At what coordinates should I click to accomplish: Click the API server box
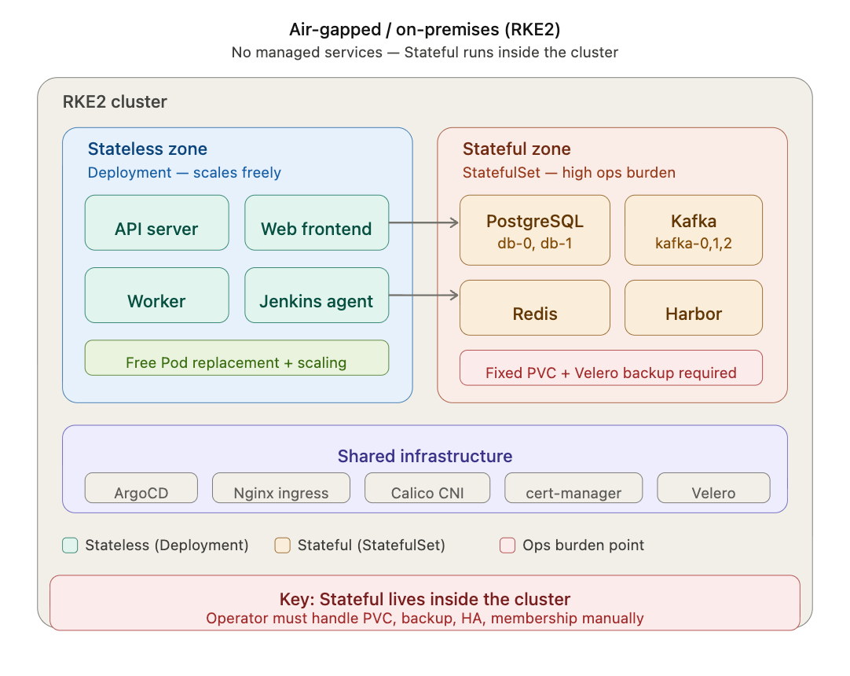tap(156, 222)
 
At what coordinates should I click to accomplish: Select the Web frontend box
tap(317, 222)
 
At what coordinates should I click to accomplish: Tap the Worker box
tap(156, 295)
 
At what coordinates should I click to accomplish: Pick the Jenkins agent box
tap(317, 295)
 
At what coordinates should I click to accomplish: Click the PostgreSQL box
tap(535, 230)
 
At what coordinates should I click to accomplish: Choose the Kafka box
tap(694, 230)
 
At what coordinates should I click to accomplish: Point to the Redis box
tap(535, 307)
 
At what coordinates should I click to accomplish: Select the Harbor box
tap(694, 307)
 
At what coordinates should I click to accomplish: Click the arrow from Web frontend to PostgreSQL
tap(424, 222)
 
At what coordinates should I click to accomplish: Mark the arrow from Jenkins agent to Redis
tap(424, 295)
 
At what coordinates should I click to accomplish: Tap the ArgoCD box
tap(141, 487)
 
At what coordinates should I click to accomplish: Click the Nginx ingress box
tap(280, 487)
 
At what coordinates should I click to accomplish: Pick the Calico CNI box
tap(427, 487)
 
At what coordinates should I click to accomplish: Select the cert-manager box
tap(573, 487)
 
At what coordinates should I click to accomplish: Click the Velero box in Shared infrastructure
tap(713, 487)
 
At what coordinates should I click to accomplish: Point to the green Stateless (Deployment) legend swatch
tap(70, 546)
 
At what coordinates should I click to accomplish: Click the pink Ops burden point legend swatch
tap(507, 546)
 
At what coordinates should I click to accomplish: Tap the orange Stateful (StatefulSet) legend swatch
tap(283, 546)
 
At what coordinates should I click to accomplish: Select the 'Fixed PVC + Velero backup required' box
tap(611, 368)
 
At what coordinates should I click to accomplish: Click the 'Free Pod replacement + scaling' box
tap(237, 358)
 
